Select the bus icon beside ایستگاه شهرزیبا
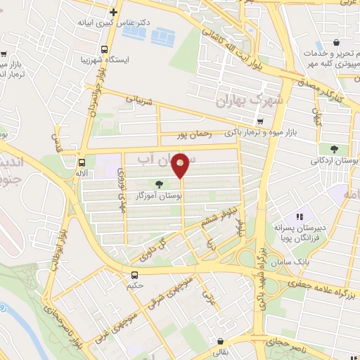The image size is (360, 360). [104, 49]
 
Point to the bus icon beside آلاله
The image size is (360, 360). [82, 161]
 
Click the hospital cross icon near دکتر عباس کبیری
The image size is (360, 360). [113, 13]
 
